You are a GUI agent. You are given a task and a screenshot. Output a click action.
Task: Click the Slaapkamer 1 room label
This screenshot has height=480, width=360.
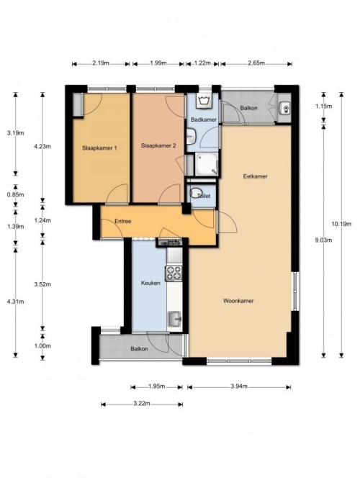[99, 148]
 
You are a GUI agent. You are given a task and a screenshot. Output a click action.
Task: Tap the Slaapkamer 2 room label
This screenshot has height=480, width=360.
[158, 145]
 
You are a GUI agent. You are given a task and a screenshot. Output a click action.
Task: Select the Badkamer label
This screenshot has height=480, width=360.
[204, 119]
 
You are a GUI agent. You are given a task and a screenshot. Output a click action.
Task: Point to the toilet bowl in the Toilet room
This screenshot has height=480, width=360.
[195, 194]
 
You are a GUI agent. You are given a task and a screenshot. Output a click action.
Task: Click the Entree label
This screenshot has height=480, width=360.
[123, 221]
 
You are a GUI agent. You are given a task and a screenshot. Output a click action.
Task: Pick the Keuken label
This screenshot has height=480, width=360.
[150, 283]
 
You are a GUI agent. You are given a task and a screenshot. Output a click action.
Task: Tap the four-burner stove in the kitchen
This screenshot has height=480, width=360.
[174, 273]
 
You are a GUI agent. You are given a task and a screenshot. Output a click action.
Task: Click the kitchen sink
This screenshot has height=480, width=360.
[174, 318]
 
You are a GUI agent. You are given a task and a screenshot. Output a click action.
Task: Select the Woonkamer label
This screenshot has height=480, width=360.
[238, 301]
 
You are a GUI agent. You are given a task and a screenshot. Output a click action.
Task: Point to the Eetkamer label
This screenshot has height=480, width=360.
[255, 176]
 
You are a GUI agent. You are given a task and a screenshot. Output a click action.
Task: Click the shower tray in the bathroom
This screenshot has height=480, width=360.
[207, 164]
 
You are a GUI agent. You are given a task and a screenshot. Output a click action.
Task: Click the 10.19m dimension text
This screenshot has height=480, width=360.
[341, 224]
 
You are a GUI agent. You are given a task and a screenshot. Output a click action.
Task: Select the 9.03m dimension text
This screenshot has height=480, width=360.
[323, 240]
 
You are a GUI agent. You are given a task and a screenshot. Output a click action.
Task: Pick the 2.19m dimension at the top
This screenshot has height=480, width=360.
[101, 63]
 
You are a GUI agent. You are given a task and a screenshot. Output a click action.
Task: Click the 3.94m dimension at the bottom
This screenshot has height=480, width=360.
[239, 386]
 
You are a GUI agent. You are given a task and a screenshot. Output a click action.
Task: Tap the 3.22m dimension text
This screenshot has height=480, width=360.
[142, 404]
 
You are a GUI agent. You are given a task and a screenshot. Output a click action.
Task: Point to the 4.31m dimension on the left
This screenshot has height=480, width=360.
[15, 302]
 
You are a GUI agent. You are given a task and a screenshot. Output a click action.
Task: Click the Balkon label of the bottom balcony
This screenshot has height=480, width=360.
[139, 349]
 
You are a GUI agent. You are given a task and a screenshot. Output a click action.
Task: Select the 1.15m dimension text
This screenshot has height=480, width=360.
[323, 107]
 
